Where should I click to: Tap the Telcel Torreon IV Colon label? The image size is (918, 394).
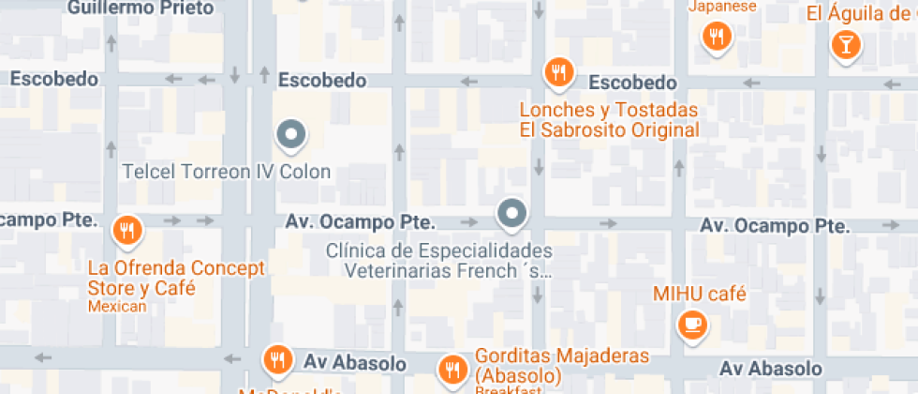coord(228,173)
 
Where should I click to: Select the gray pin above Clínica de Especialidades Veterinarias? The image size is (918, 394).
coord(511,215)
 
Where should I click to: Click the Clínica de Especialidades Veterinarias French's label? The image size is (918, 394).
coord(438,262)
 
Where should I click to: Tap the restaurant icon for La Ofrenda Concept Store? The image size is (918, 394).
coord(126,230)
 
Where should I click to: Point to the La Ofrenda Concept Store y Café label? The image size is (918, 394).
coord(176,278)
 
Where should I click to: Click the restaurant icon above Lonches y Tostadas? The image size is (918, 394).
coord(559,72)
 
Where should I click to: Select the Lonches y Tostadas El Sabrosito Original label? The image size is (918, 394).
coord(610,119)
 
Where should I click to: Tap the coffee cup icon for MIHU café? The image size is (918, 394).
coord(692,325)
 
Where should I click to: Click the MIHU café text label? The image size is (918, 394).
coord(700,295)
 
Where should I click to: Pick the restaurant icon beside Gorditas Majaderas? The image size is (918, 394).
coord(453,367)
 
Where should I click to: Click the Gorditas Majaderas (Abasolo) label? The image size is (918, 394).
coord(562,366)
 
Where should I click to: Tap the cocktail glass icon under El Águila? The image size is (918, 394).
coord(847,44)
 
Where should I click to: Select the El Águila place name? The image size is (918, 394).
coord(861,13)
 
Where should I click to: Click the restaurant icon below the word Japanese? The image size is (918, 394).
coord(718,37)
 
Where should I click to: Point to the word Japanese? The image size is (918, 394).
coord(722,7)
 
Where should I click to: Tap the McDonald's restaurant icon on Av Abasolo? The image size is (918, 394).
coord(276,358)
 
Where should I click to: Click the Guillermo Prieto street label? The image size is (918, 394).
coord(141,8)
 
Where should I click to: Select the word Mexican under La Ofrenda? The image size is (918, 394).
coord(117,307)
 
